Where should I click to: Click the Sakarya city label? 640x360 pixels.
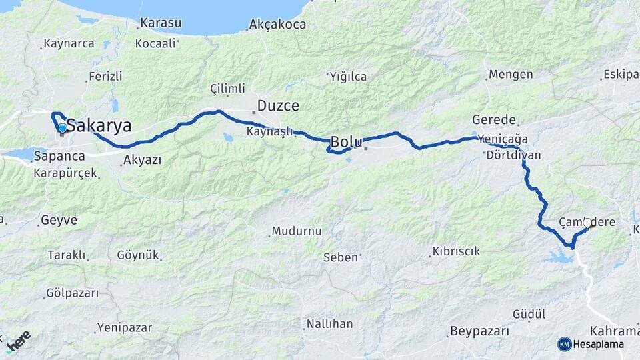[x=99, y=127]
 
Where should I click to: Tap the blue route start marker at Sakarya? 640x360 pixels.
[x=62, y=127]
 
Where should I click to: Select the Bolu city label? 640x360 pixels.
[x=347, y=142]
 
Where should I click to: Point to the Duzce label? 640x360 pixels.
[x=277, y=106]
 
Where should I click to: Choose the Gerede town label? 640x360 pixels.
[x=494, y=120]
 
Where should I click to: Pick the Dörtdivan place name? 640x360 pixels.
[x=513, y=155]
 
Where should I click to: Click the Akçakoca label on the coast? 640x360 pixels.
[x=277, y=25]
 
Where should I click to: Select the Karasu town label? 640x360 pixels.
[x=160, y=23]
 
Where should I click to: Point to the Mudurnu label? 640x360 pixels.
[x=297, y=231]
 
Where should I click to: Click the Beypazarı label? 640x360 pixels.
[x=479, y=331]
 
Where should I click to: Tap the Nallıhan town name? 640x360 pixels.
[x=329, y=324]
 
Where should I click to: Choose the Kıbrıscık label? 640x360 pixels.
[x=456, y=252]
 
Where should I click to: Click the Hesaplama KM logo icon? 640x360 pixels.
[x=564, y=344]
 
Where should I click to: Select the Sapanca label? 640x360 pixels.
[x=61, y=156]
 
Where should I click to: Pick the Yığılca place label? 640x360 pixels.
[x=348, y=77]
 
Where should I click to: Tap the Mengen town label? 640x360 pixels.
[x=511, y=74]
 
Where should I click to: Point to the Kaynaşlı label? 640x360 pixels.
[x=269, y=131]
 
